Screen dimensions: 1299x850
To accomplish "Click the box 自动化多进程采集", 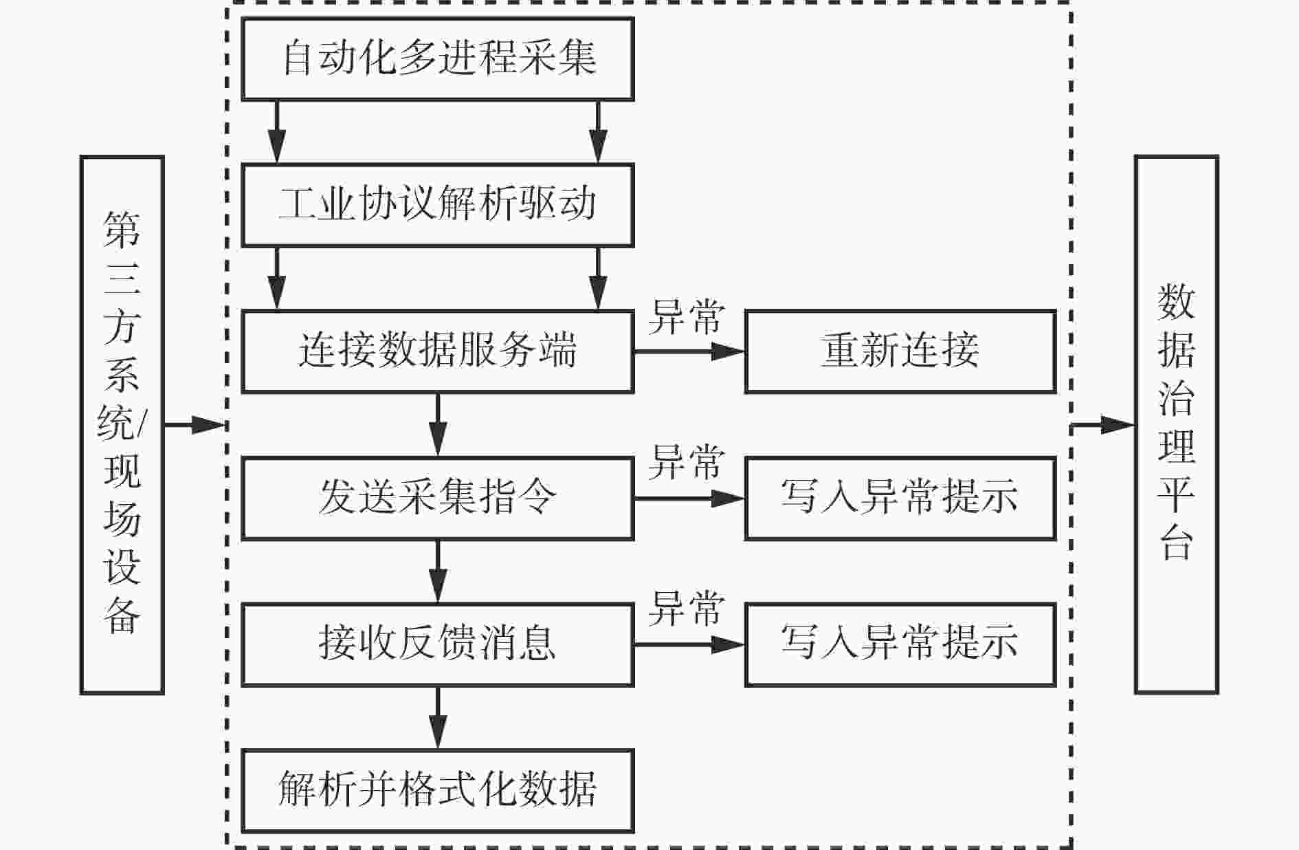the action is coord(438,59).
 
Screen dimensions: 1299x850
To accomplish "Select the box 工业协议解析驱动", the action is coord(438,205).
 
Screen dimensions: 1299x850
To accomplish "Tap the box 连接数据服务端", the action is coord(438,351).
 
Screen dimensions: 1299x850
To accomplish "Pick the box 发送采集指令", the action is coord(438,498).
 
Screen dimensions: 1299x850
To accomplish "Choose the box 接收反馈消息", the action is coord(438,644).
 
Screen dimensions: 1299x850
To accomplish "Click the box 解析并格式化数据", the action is coord(438,791).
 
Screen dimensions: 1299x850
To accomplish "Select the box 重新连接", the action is coord(900,351).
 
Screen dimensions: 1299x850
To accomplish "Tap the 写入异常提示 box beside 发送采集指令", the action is coord(900,498).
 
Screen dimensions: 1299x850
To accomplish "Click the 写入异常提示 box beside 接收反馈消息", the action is coord(900,644).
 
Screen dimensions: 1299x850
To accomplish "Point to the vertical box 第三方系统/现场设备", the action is coord(122,425).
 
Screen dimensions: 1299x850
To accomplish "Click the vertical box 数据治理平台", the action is coord(1177,425).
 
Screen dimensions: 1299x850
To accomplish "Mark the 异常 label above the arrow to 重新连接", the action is coord(687,317).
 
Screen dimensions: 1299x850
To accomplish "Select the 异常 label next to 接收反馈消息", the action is coord(687,609).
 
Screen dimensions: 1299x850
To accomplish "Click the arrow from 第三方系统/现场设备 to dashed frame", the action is coord(195,425).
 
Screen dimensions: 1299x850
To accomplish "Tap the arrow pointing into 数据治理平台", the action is coord(1103,425).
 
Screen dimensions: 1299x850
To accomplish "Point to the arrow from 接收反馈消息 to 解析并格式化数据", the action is coord(438,717).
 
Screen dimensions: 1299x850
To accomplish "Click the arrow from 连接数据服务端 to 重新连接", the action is coord(689,351).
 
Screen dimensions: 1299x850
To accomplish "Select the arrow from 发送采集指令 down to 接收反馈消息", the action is coord(438,571).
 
